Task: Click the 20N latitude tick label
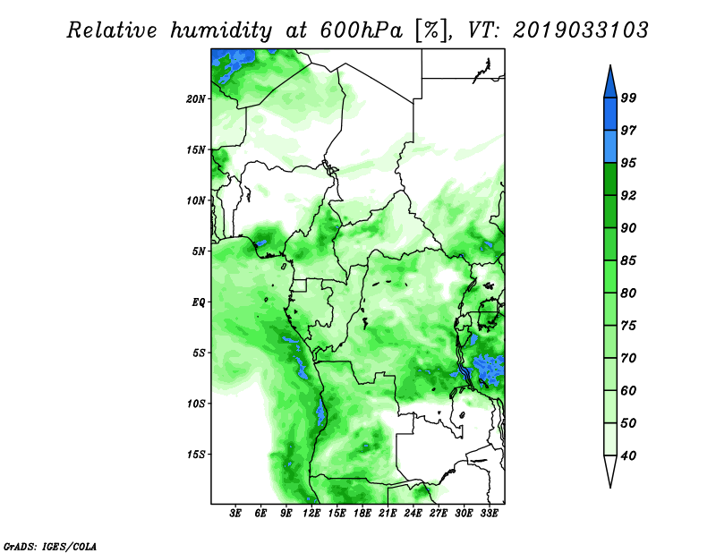point(195,99)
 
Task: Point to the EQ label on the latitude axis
point(198,302)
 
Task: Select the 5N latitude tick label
point(199,251)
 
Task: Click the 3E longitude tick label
point(235,514)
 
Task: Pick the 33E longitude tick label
point(489,514)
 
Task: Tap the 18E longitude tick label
point(362,514)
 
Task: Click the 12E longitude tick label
point(311,514)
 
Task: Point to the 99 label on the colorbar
point(628,98)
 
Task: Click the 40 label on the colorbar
point(628,455)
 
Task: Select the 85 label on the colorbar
point(628,260)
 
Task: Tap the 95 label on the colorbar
point(628,163)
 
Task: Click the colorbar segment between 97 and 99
point(610,115)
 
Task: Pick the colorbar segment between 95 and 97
point(610,147)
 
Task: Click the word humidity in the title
point(221,31)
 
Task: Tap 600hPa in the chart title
point(362,30)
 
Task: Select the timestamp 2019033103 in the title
point(580,30)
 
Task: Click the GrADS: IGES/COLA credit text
point(50,546)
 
